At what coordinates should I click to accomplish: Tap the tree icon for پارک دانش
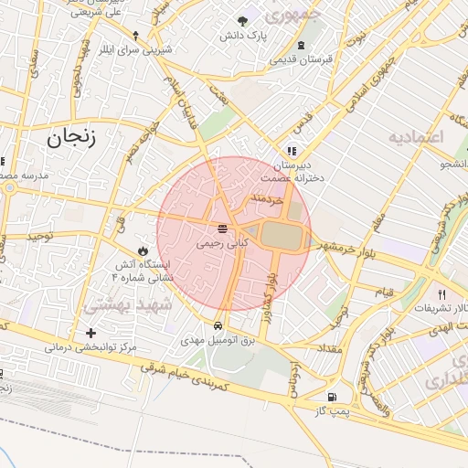click(242, 21)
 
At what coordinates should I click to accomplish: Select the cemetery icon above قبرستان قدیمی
click(303, 46)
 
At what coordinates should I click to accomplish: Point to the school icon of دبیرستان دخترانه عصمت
click(291, 151)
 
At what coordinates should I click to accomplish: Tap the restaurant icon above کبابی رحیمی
click(222, 228)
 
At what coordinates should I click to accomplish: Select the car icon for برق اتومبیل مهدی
click(218, 324)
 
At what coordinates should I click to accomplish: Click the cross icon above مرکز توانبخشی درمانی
click(90, 333)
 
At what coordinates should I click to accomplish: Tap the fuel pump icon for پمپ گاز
click(331, 397)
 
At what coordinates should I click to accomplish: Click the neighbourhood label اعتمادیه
click(416, 138)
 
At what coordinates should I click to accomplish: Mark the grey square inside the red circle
click(280, 235)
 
